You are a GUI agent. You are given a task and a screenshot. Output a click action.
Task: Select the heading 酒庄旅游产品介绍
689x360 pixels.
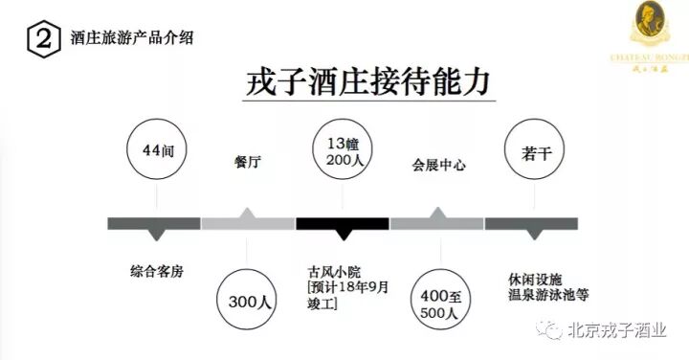(x=134, y=39)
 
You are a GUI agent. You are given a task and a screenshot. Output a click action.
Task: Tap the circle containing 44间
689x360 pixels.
(x=155, y=151)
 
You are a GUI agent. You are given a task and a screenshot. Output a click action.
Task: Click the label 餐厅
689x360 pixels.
(x=247, y=164)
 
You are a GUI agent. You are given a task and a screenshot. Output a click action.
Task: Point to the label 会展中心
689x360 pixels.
(x=438, y=165)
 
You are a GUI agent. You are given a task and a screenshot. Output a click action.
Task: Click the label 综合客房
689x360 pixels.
(x=155, y=272)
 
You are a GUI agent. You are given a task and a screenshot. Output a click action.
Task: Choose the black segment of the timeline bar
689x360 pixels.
(x=342, y=224)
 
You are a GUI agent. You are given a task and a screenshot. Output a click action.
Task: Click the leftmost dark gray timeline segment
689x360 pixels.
(x=154, y=224)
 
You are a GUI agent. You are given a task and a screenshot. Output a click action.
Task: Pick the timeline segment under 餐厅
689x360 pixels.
(x=248, y=224)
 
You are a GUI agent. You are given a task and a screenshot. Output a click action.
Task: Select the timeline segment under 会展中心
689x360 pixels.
(x=436, y=224)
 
